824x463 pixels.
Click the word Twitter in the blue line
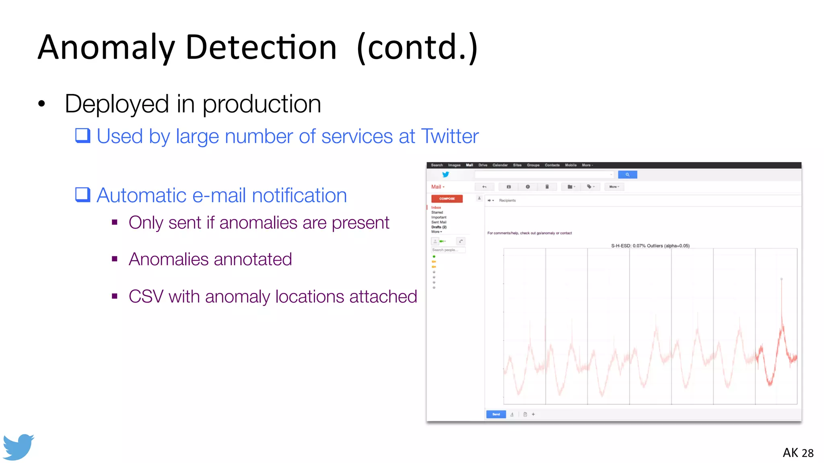tap(450, 136)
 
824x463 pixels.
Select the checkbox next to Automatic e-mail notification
tap(83, 195)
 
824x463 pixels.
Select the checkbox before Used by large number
tap(83, 135)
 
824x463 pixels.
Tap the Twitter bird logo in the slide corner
tap(18, 447)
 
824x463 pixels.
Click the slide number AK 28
tap(798, 453)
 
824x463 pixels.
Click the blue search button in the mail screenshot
tap(627, 174)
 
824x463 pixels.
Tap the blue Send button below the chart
tap(496, 414)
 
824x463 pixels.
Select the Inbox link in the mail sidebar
tap(436, 207)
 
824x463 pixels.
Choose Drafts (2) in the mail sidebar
tap(439, 227)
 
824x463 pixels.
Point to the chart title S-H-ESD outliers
tap(650, 246)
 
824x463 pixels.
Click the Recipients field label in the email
tap(507, 200)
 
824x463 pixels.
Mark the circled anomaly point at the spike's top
tap(781, 279)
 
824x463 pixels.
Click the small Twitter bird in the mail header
tap(445, 174)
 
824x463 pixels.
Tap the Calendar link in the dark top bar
tap(500, 165)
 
